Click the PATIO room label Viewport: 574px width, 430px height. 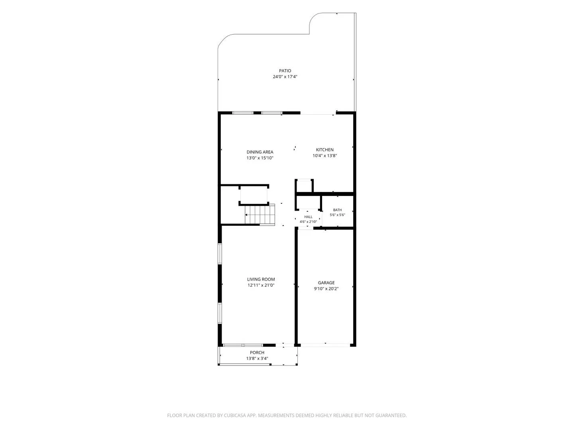(285, 71)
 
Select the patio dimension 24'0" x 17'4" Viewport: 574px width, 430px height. (285, 77)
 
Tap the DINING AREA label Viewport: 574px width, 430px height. (259, 152)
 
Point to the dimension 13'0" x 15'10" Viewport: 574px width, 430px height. (259, 158)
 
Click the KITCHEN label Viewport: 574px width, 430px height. (324, 150)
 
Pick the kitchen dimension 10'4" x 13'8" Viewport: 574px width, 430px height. (324, 156)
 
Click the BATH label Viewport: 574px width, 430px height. (337, 210)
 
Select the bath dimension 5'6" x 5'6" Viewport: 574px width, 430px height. (337, 215)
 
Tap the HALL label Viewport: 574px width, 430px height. (308, 217)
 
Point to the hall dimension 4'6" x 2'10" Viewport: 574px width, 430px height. (308, 222)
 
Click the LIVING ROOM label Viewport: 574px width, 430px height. (261, 279)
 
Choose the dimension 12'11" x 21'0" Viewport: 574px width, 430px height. (261, 285)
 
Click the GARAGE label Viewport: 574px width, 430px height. (326, 283)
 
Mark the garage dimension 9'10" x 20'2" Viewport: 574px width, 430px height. (326, 289)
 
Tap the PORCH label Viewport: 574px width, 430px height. (257, 352)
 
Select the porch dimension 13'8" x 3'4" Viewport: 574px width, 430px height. (257, 358)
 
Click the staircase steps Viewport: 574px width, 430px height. (259, 215)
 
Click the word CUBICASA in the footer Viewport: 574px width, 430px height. (235, 415)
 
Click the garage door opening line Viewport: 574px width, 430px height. (325, 346)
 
